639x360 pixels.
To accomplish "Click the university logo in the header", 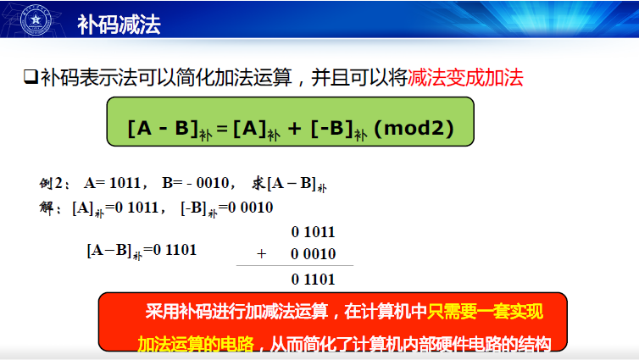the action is coord(36,19).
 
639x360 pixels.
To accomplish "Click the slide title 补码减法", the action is coord(119,25).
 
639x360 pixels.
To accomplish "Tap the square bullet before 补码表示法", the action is coord(31,76).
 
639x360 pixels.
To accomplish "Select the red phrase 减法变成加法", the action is coord(465,77).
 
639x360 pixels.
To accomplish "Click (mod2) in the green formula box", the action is coord(414,128).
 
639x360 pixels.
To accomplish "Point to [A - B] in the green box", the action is coord(163,128).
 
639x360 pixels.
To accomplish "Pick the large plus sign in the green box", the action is coord(294,129).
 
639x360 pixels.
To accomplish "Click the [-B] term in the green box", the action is coord(331,128).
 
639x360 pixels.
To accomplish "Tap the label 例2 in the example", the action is coord(52,183).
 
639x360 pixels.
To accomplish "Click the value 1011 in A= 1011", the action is coord(125,183).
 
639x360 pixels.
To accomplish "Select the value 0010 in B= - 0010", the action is coord(213,183).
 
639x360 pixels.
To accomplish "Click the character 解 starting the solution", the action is coord(47,208).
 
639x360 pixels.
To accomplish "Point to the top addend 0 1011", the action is coord(313,232).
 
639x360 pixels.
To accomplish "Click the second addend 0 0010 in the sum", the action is coord(313,254).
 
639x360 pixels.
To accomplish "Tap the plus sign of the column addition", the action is coord(262,254).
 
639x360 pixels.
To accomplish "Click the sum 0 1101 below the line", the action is coord(313,280).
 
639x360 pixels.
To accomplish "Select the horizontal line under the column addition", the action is coord(295,265).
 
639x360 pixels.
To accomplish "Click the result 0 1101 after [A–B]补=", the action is coord(175,250).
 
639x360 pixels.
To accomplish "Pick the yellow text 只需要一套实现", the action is coord(485,312).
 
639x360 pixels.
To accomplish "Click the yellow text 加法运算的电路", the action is coord(196,344).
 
